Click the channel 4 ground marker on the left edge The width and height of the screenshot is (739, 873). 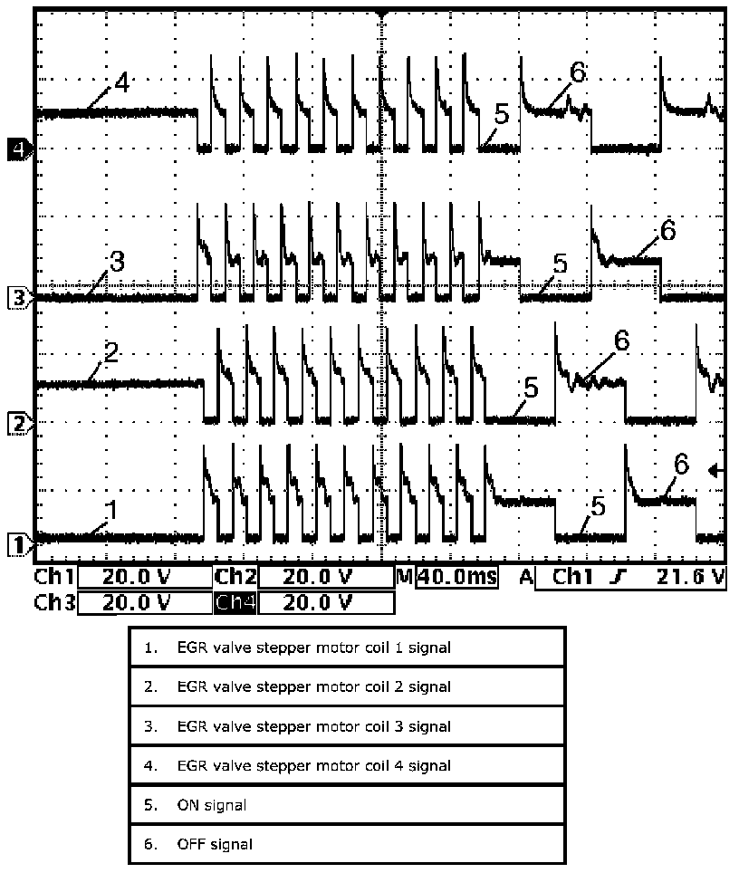pyautogui.click(x=18, y=149)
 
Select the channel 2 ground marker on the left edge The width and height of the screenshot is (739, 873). pyautogui.click(x=17, y=422)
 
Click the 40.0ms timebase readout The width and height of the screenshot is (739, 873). pyautogui.click(x=456, y=577)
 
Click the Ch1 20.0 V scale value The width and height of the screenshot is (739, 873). pyautogui.click(x=145, y=577)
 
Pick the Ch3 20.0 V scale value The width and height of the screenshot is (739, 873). pyautogui.click(x=145, y=601)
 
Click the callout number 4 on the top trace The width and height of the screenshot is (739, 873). pyautogui.click(x=121, y=83)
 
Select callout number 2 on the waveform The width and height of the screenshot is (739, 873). pyautogui.click(x=110, y=351)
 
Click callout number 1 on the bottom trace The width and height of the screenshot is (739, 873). pyautogui.click(x=110, y=509)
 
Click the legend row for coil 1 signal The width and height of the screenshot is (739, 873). pyautogui.click(x=347, y=648)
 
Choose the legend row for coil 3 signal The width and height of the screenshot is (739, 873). pyautogui.click(x=347, y=726)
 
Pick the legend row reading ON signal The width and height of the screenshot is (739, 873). pyautogui.click(x=347, y=804)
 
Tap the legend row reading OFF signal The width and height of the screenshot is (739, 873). pyautogui.click(x=347, y=844)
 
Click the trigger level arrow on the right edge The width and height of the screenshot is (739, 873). pyautogui.click(x=716, y=470)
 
